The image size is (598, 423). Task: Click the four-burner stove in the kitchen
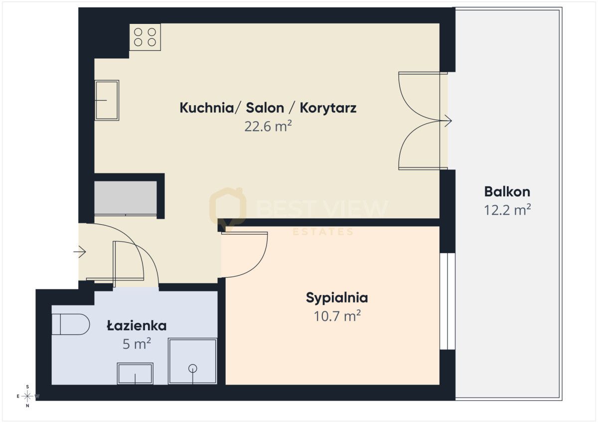(x=145, y=37)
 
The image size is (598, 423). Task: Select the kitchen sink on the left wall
(x=107, y=100)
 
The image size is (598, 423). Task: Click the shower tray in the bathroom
(x=192, y=361)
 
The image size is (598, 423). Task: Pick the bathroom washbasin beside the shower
(x=135, y=373)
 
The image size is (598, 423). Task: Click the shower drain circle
(x=193, y=368)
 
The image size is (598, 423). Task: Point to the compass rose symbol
(x=28, y=396)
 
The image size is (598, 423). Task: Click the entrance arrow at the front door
(x=80, y=253)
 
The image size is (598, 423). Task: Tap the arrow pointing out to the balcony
(x=446, y=121)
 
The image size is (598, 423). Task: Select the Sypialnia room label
(x=337, y=298)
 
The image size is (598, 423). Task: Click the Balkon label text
(x=507, y=191)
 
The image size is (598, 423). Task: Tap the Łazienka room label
(x=137, y=326)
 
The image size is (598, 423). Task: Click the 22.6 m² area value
(x=268, y=126)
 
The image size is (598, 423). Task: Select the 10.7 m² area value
(x=337, y=316)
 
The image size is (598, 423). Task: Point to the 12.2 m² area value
(x=507, y=210)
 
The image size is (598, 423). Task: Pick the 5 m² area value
(x=137, y=344)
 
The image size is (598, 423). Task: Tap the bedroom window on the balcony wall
(x=448, y=301)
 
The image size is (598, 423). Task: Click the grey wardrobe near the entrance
(x=126, y=198)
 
